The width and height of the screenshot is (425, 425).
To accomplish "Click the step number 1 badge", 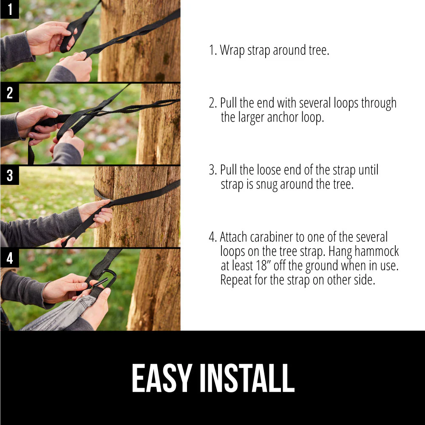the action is point(10,9).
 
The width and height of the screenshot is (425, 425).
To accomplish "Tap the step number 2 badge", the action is point(10,93).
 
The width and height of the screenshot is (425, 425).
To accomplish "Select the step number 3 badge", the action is point(10,176).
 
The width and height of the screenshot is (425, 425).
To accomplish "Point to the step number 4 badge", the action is point(10,258).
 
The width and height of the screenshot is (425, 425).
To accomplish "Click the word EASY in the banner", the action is point(162,378).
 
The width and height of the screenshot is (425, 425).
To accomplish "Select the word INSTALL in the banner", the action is point(247,378).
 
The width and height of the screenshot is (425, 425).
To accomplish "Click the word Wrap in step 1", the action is point(232,51).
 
